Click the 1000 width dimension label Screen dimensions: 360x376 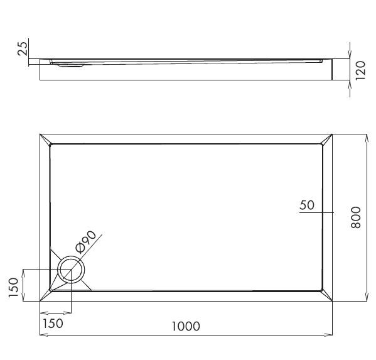(x=185, y=326)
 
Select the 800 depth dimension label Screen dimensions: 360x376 (x=356, y=217)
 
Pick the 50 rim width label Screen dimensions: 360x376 (x=307, y=205)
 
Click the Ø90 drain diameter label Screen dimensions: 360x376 (x=85, y=241)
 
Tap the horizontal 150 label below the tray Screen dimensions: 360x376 (x=53, y=323)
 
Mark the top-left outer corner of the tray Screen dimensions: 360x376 (x=40, y=134)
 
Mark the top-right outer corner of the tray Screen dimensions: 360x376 (x=332, y=134)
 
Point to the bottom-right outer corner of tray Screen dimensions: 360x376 (x=332, y=301)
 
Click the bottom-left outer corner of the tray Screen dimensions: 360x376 (x=40, y=301)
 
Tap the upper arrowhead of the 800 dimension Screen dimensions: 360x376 (x=367, y=136)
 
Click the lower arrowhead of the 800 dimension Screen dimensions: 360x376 (x=367, y=298)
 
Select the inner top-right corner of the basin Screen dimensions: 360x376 (x=321, y=145)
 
